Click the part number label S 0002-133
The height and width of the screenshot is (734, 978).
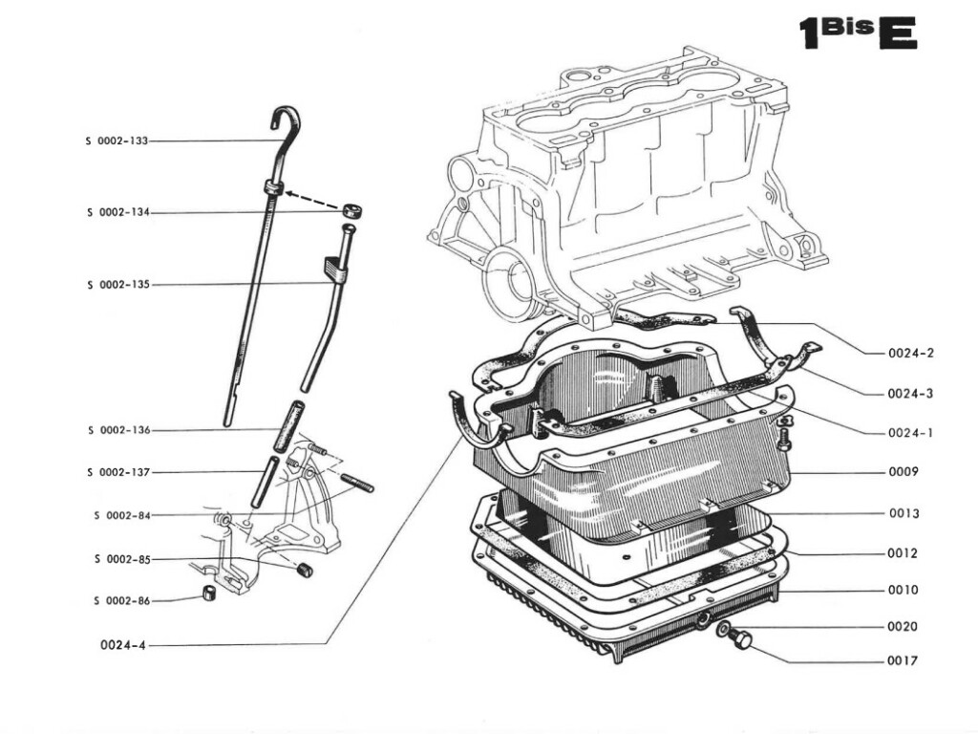117,140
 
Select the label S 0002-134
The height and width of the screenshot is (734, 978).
117,212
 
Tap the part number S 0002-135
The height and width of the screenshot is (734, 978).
117,285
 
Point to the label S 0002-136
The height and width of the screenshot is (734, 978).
117,430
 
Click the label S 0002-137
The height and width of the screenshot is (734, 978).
117,472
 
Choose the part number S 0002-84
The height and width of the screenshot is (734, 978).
121,515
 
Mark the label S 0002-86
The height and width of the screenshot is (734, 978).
121,600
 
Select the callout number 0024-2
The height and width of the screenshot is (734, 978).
910,353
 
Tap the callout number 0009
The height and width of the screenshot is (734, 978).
903,471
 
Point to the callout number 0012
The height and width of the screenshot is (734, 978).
903,552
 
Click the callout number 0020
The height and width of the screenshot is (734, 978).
903,626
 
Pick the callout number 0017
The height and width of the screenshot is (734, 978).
903,660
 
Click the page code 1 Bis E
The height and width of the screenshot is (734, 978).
857,32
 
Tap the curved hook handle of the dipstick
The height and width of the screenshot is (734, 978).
286,120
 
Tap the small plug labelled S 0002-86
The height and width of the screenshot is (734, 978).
206,596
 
